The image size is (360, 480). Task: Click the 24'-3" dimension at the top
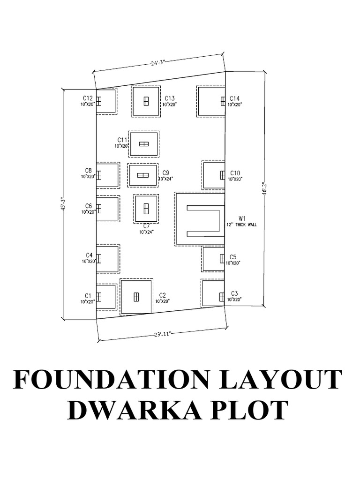pos(158,63)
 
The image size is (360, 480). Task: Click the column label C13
pos(169,98)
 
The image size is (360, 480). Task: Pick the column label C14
pos(234,98)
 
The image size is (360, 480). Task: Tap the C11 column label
pos(122,140)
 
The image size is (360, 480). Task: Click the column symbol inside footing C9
pos(142,175)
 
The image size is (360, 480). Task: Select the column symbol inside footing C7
pos(146,208)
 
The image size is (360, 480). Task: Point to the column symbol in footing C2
pos(136,297)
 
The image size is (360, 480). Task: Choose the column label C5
pos(233,257)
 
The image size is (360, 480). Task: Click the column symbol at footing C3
pos(222,296)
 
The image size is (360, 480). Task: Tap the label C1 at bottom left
pos(88,295)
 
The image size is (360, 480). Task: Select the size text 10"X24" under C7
pos(146,232)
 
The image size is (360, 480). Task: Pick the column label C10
pos(235,172)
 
